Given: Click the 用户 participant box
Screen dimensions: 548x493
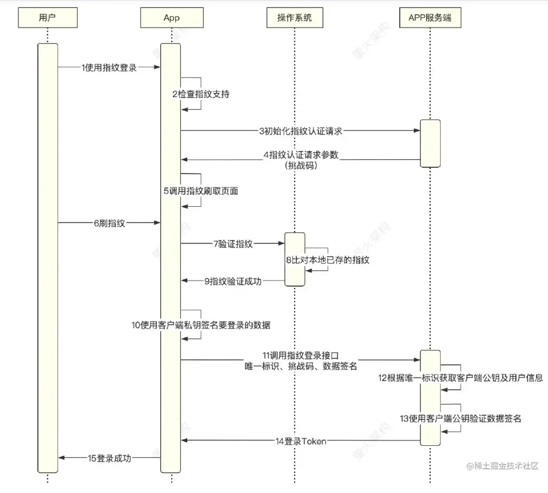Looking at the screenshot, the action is [x=48, y=17].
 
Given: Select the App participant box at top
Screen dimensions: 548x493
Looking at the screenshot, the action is [x=172, y=17].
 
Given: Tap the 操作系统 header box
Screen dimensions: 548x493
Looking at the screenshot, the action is [x=295, y=17].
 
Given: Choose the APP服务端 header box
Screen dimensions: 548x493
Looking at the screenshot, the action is [x=430, y=17].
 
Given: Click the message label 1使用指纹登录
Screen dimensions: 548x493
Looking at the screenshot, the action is [x=109, y=67].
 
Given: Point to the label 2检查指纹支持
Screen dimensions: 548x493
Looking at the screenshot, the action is [x=201, y=94].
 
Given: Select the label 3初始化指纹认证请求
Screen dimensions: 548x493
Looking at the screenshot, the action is [x=300, y=131].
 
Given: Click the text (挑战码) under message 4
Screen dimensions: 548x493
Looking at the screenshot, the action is [x=301, y=165].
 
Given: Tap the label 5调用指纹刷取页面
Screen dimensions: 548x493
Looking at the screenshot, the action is [x=201, y=191].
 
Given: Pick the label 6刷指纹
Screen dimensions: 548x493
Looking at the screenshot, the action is [x=109, y=223].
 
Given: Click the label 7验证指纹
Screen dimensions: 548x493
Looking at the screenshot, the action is [x=233, y=244].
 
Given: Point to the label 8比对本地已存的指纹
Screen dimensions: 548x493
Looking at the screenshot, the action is [x=328, y=260].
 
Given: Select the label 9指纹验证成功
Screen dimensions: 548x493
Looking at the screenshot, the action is [x=233, y=281].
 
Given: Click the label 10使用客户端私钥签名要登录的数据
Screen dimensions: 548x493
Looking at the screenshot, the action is [x=201, y=325].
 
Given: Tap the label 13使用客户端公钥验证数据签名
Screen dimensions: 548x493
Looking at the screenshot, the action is [x=461, y=418].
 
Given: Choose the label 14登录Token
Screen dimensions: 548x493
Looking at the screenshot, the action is [x=301, y=441].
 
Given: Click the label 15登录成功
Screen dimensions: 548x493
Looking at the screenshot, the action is [x=109, y=458].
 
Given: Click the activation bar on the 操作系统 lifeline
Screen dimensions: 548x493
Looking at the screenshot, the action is [x=295, y=260].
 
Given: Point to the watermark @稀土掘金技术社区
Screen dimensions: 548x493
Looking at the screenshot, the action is [x=502, y=466].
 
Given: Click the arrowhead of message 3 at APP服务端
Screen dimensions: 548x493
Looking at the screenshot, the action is [x=417, y=130].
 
